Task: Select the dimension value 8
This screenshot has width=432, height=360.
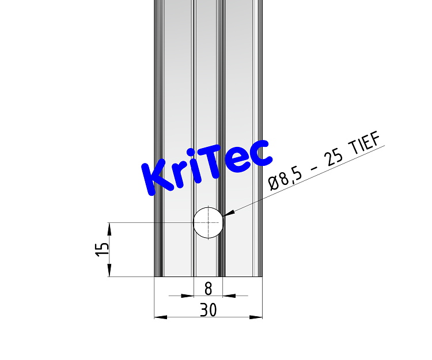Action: pyautogui.click(x=208, y=287)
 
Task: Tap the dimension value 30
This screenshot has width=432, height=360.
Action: pyautogui.click(x=208, y=310)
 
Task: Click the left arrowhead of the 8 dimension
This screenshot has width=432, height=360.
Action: pyautogui.click(x=187, y=296)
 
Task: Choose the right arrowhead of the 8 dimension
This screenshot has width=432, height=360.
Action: pyautogui.click(x=229, y=296)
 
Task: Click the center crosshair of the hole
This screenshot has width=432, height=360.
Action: pyautogui.click(x=208, y=222)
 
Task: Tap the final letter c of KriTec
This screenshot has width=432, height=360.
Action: pyautogui.click(x=257, y=153)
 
